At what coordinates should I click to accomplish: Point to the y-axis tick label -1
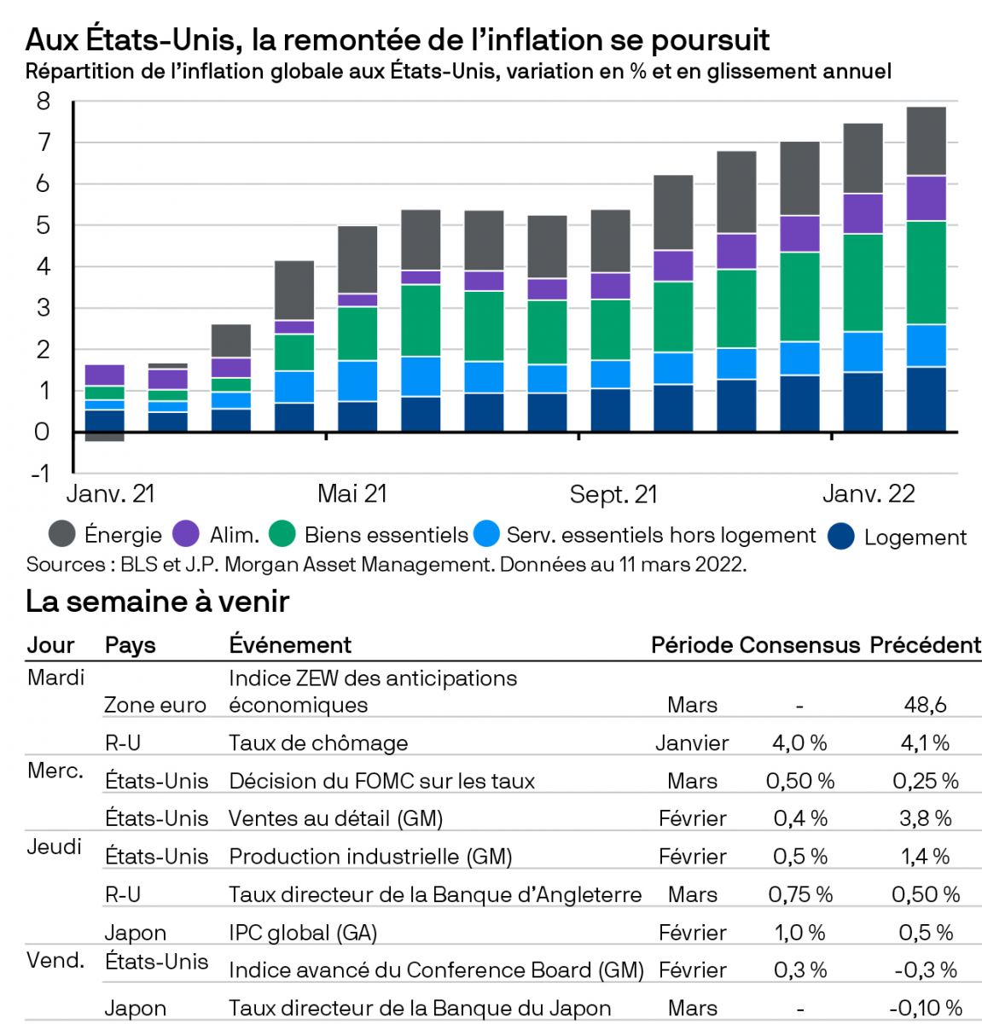(x=40, y=474)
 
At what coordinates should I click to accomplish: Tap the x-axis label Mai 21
(x=352, y=493)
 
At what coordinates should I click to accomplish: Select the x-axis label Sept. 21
(x=613, y=494)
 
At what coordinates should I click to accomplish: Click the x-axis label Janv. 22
(x=868, y=493)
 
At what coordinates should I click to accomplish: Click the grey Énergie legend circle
(x=61, y=534)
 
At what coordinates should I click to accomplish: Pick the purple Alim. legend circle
(x=186, y=534)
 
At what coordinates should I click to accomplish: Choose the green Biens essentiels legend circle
(x=282, y=534)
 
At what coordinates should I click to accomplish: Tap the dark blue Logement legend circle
(x=841, y=536)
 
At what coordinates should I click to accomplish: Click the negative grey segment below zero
(x=105, y=437)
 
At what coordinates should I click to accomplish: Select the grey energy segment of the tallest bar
(x=925, y=141)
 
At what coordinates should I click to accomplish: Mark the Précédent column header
(x=925, y=645)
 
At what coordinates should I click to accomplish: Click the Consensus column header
(x=799, y=645)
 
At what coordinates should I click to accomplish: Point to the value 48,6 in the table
(x=925, y=705)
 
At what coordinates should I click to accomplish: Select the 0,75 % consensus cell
(x=799, y=894)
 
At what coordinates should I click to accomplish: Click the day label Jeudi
(x=55, y=847)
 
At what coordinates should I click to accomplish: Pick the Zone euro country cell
(x=155, y=705)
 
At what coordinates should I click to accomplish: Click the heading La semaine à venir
(x=158, y=602)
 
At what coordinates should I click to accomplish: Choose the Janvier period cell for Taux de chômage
(x=692, y=743)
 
